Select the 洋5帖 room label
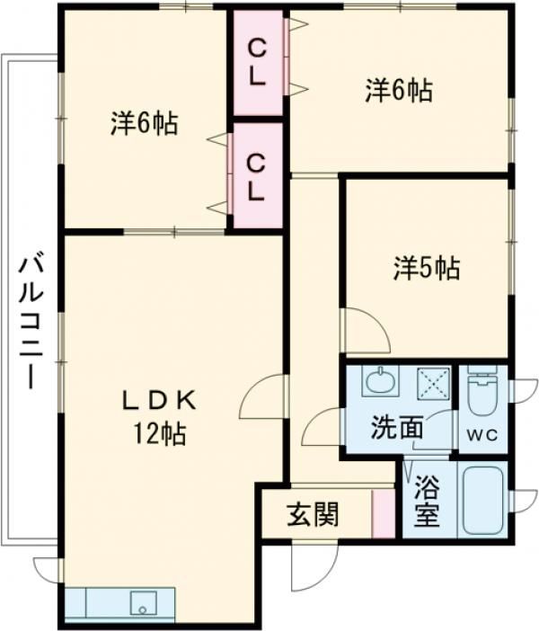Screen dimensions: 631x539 pyautogui.click(x=427, y=267)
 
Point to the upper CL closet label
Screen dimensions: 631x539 pyautogui.click(x=257, y=61)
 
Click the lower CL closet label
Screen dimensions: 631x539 pyautogui.click(x=257, y=176)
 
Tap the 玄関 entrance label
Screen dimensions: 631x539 pyautogui.click(x=314, y=515)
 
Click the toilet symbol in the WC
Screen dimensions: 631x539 pyautogui.click(x=483, y=394)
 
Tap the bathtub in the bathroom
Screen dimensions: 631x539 pyautogui.click(x=483, y=503)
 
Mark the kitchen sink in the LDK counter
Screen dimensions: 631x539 pyautogui.click(x=142, y=601)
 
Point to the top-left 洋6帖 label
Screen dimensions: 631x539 pyautogui.click(x=144, y=123)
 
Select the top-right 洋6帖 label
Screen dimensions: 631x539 pyautogui.click(x=398, y=90)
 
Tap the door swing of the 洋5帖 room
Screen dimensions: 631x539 pyautogui.click(x=364, y=331)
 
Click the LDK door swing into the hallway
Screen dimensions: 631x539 pyautogui.click(x=265, y=397)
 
